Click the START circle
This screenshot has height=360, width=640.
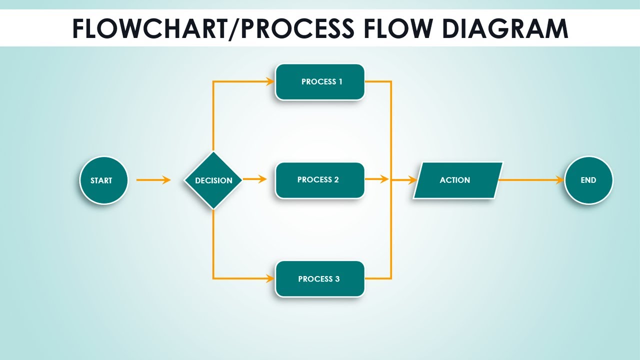point(103,180)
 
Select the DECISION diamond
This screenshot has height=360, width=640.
point(213,180)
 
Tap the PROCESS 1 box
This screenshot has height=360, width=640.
point(320,82)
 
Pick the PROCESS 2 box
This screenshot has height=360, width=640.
point(320,180)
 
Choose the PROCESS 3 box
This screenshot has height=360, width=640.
point(320,279)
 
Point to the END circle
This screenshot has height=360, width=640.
point(588,180)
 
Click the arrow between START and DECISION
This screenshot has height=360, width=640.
point(153,180)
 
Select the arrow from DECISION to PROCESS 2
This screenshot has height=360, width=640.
point(254,179)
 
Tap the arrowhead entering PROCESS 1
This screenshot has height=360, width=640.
point(270,81)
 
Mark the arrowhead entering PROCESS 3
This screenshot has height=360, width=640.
point(270,278)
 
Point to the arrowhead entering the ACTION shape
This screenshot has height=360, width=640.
point(412,180)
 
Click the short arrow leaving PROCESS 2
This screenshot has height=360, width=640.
point(377,179)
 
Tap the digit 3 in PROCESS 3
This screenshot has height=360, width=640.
point(337,279)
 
